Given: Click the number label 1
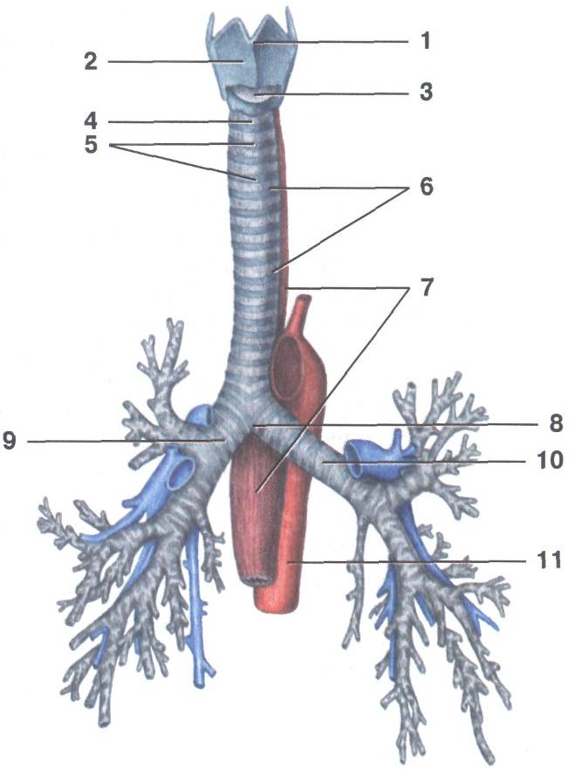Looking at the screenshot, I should coord(425,41).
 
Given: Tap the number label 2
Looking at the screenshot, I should coord(91,62).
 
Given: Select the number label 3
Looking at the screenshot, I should coord(426,92).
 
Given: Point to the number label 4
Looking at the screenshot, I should coord(91,121).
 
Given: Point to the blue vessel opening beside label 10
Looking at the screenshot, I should coord(362,456).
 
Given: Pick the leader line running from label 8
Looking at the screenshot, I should coord(401,424).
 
